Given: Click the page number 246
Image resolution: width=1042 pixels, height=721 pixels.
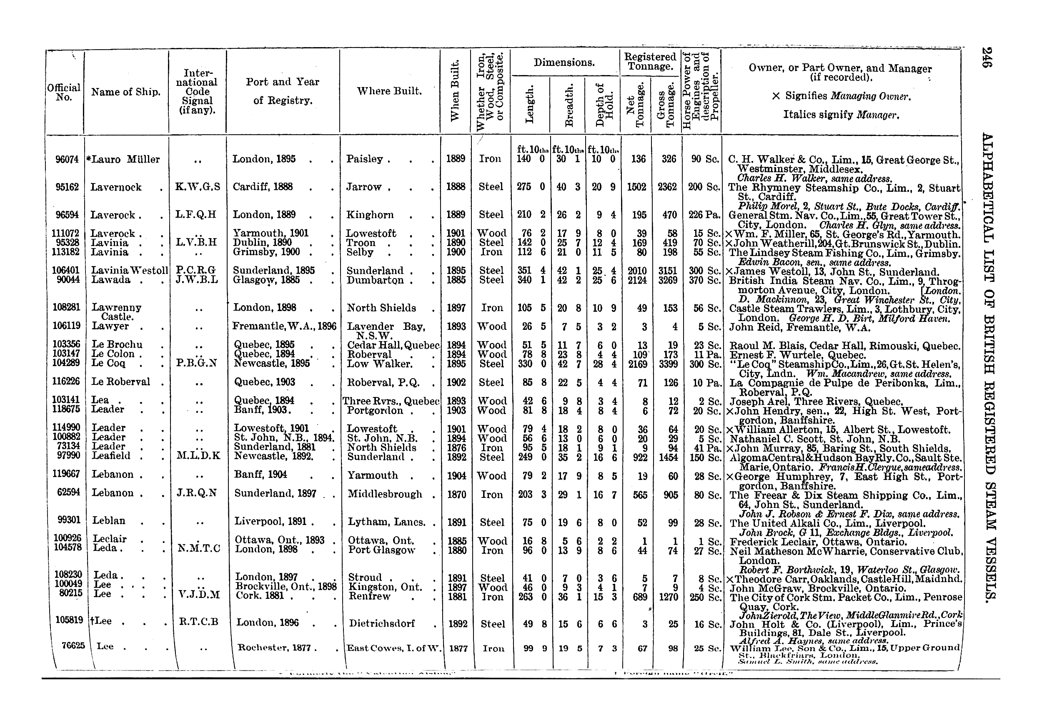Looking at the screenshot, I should [x=986, y=58].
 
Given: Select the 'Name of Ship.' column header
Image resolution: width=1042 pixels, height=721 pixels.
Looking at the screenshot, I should [x=125, y=92].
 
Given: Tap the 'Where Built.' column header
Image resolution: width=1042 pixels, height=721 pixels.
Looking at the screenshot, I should [x=389, y=91].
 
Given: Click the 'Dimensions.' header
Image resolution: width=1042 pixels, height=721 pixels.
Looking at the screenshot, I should [x=564, y=63].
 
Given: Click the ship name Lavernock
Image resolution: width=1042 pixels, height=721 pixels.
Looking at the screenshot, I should [x=116, y=187].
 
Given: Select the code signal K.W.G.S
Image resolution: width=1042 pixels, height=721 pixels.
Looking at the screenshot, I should [x=198, y=187].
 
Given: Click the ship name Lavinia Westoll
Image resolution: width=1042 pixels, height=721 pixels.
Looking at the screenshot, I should [x=130, y=271].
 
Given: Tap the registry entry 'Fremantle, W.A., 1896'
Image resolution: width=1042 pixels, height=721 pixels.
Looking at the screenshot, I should [x=284, y=326].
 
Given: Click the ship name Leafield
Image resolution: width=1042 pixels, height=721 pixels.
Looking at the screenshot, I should [x=111, y=456].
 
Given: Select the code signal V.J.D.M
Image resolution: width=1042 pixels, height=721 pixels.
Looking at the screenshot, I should [x=199, y=595].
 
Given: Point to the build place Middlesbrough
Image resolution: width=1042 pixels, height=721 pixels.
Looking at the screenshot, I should [x=385, y=494].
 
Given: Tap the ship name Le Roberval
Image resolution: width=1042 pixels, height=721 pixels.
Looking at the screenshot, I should [x=120, y=382].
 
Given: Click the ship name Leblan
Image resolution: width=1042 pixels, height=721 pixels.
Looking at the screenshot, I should [x=109, y=520].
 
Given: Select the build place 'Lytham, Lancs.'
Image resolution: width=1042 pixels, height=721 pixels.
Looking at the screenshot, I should [x=386, y=522].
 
